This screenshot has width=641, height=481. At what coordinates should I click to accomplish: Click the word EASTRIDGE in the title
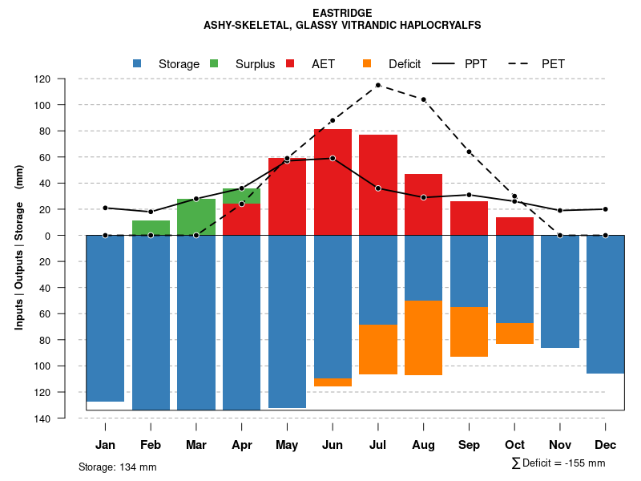pos(342,13)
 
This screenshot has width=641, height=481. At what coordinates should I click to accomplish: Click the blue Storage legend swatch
pos(137,63)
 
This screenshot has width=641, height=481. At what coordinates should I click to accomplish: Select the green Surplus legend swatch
pos(214,63)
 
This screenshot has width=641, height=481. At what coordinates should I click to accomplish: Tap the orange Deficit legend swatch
pos(367,63)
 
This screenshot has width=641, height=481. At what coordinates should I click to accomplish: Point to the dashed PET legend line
pos(519,63)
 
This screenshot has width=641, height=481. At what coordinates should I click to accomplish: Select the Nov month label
pos(560,445)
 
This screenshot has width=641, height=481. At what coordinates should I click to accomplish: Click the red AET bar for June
pos(333,182)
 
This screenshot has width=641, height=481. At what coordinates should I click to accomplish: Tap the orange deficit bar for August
pos(423,338)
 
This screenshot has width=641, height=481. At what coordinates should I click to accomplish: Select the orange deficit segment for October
pos(514,333)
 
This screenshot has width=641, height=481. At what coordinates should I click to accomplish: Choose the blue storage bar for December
pos(605,305)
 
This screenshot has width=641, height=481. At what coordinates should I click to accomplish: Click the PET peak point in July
pos(377,85)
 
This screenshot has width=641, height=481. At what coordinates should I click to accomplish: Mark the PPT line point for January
pos(105,208)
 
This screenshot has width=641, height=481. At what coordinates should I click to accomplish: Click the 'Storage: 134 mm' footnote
pos(117,467)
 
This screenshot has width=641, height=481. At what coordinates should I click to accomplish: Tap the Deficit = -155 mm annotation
pos(558,463)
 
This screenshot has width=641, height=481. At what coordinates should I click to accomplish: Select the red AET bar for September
pos(469,218)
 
